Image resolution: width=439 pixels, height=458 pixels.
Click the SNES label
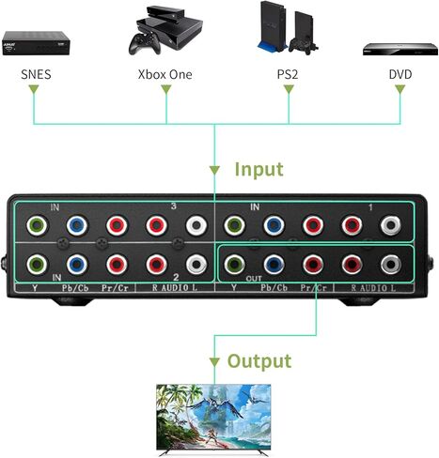click(36, 74)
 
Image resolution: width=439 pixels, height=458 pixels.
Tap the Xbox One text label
click(165, 74)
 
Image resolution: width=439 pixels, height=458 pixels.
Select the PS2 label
click(288, 74)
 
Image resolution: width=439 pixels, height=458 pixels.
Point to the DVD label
click(400, 74)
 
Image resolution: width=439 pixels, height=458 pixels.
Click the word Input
click(259, 170)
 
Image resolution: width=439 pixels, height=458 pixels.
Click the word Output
click(259, 361)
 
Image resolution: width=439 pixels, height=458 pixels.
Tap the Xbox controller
click(145, 44)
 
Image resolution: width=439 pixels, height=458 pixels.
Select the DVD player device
click(400, 49)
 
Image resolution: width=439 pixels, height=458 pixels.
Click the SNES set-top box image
click(36, 43)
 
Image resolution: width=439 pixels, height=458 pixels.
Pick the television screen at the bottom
click(213, 417)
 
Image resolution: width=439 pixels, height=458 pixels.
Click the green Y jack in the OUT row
click(235, 265)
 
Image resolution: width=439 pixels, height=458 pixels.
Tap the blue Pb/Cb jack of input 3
click(77, 225)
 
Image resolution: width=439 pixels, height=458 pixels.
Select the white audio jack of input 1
click(390, 225)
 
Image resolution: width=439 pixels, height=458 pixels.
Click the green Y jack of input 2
click(37, 265)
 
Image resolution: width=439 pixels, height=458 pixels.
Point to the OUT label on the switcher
click(254, 278)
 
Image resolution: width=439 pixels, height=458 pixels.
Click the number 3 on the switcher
click(174, 206)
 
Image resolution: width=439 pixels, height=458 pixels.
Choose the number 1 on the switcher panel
click(370, 207)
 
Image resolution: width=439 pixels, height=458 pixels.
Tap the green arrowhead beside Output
click(214, 362)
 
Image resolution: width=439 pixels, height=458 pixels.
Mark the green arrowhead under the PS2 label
click(289, 89)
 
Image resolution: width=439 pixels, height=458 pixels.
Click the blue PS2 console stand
click(272, 48)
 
